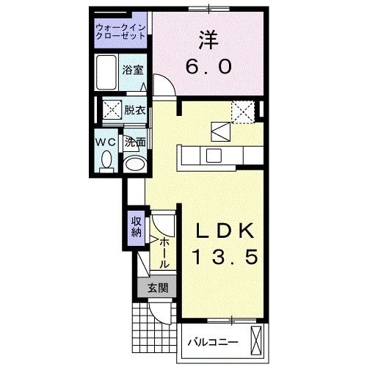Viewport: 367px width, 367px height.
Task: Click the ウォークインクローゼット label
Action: coord(121,33)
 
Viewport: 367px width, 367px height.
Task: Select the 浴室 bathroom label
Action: coord(133,70)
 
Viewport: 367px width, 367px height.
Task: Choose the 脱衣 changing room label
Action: coord(134,111)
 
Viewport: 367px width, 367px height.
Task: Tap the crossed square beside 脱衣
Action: coord(112,111)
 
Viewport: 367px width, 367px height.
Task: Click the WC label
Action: coord(103,142)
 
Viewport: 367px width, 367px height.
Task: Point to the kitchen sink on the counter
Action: coord(214,156)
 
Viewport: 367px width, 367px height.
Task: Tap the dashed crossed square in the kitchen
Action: coord(242,112)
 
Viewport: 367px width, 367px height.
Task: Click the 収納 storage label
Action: coord(136,227)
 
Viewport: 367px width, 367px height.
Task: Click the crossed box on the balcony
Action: coord(256,341)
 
